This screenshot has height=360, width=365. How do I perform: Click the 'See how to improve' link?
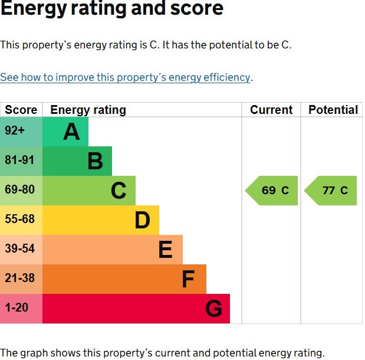125,77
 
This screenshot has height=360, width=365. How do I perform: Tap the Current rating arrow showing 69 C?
271,191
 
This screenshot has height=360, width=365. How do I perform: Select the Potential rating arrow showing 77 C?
330,191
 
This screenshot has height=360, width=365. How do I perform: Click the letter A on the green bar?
71,132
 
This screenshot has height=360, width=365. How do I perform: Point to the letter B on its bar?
95,161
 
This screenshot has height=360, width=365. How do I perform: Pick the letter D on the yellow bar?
143,220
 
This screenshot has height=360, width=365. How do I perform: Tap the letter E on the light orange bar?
166,250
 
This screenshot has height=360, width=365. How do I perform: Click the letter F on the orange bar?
188,279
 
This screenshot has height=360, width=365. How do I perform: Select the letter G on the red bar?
214,309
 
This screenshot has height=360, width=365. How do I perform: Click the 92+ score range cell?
21,132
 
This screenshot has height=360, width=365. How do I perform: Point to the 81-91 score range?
19,160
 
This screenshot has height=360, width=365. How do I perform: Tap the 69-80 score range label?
20,189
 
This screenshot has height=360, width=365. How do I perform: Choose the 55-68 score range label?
20,219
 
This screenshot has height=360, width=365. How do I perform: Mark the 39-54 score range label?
20,248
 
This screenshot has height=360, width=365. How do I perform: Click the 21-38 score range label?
20,278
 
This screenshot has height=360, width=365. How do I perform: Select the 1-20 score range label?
17,307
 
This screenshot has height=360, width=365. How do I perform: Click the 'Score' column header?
21,110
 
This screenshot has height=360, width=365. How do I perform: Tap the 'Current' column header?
271,110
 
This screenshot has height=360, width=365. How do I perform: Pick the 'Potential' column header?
333,110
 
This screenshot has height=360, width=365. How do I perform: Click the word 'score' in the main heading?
197,8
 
